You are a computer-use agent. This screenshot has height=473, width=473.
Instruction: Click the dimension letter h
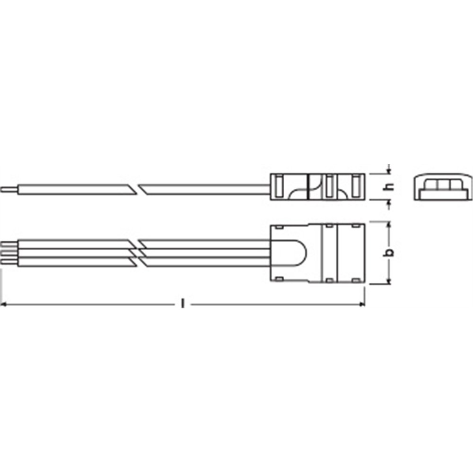click(x=390, y=187)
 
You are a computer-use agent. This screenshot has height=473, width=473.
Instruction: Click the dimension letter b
click(x=390, y=253)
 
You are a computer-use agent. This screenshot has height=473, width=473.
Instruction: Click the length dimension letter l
click(x=182, y=304)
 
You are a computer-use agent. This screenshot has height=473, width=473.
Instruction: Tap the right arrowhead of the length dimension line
click(x=362, y=304)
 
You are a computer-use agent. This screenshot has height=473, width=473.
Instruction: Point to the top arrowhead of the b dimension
click(x=389, y=225)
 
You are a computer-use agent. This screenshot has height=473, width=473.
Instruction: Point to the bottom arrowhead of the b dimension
click(x=389, y=281)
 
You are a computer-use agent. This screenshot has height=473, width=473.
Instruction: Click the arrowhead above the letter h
click(x=389, y=171)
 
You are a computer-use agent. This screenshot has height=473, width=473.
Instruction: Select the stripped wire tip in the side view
click(x=9, y=190)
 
